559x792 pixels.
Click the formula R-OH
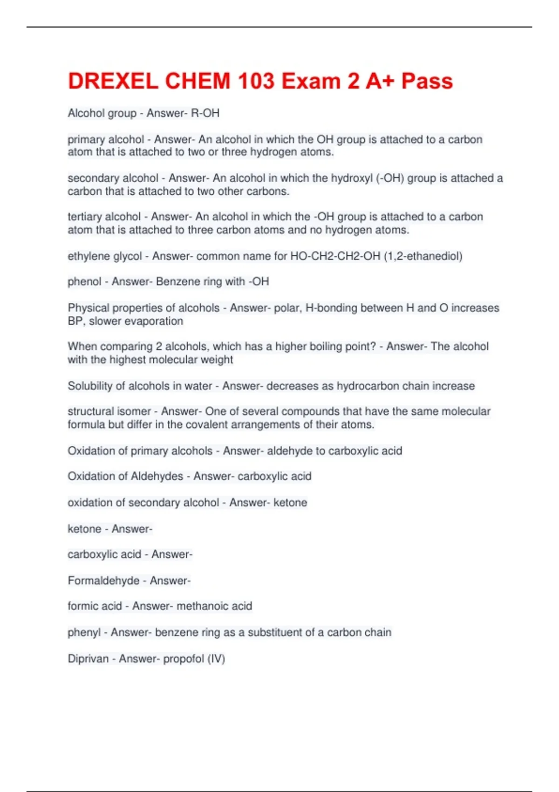(205, 113)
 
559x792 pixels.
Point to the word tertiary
(87, 217)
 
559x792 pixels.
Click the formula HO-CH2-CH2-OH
(335, 256)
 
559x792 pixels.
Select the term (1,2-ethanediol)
(423, 256)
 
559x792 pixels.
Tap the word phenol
(84, 282)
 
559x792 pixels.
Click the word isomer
(133, 411)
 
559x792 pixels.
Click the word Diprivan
(88, 659)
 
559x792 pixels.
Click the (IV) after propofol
(217, 659)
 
